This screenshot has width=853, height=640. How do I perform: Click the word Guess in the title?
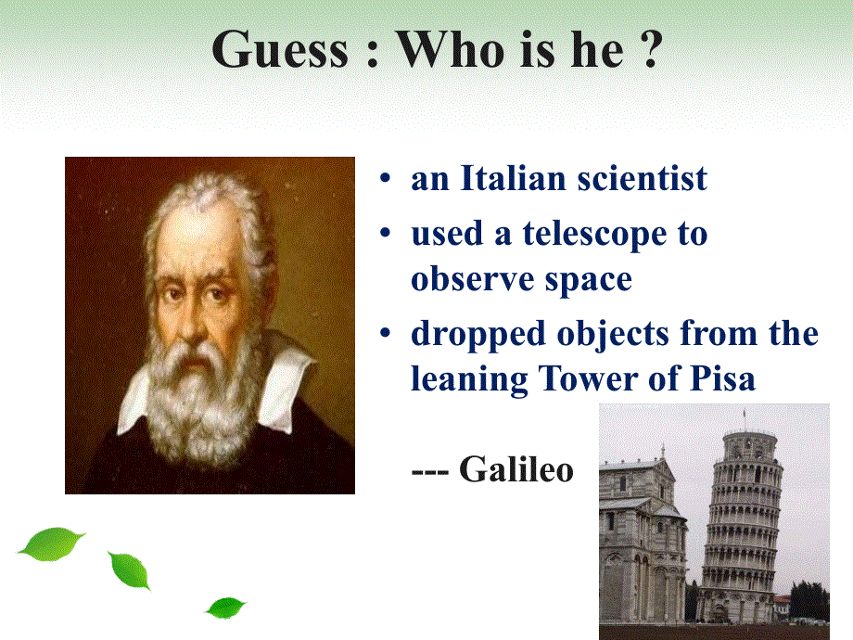click(280, 50)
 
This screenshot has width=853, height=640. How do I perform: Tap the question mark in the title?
click(651, 49)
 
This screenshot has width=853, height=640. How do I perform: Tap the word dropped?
click(477, 335)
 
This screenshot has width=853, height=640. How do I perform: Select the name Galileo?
click(516, 469)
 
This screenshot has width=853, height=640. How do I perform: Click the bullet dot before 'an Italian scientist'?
click(385, 178)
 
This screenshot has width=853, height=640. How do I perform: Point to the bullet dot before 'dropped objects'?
click(385, 332)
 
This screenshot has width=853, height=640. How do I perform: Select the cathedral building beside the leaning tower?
click(641, 544)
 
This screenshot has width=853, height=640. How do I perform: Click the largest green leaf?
click(51, 544)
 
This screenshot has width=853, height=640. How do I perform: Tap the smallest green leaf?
click(225, 608)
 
